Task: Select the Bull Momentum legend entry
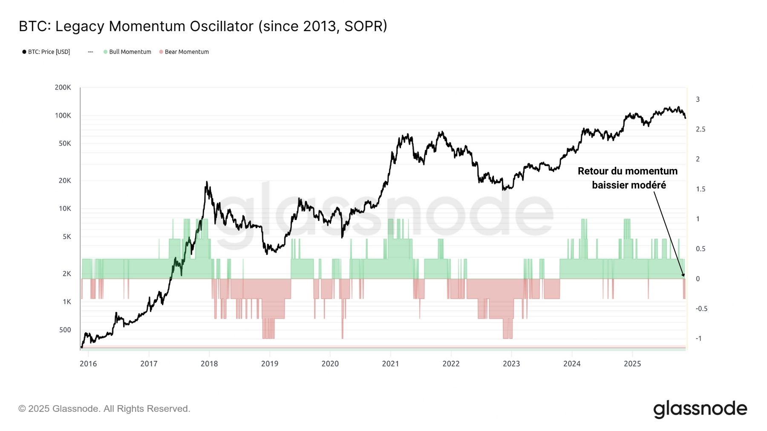pyautogui.click(x=130, y=52)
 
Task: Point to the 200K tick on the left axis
pyautogui.click(x=63, y=87)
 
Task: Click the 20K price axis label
pyautogui.click(x=65, y=180)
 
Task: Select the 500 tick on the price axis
pyautogui.click(x=65, y=330)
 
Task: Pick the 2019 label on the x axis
pyautogui.click(x=269, y=364)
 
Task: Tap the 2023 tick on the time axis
pyautogui.click(x=511, y=364)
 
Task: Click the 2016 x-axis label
pyautogui.click(x=88, y=364)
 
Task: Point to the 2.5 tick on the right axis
pyautogui.click(x=701, y=129)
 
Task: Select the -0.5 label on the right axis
pyautogui.click(x=701, y=308)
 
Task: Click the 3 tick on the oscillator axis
pyautogui.click(x=698, y=100)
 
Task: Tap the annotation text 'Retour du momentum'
pyautogui.click(x=627, y=171)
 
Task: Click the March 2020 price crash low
pyautogui.click(x=342, y=237)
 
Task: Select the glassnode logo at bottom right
pyautogui.click(x=700, y=409)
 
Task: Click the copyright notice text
pyautogui.click(x=104, y=409)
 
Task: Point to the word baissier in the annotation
pyautogui.click(x=611, y=185)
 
